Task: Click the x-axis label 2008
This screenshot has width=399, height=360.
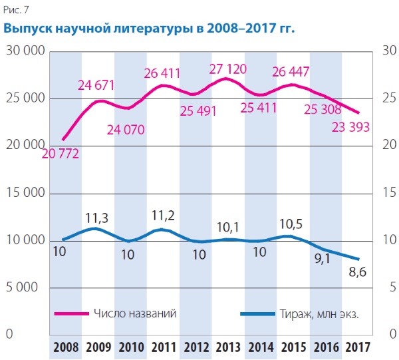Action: (65, 347)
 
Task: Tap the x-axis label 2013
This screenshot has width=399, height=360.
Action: (229, 347)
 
